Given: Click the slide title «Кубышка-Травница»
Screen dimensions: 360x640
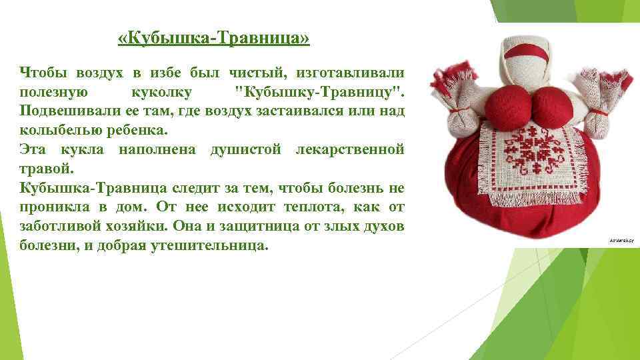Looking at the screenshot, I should click(213, 40).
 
